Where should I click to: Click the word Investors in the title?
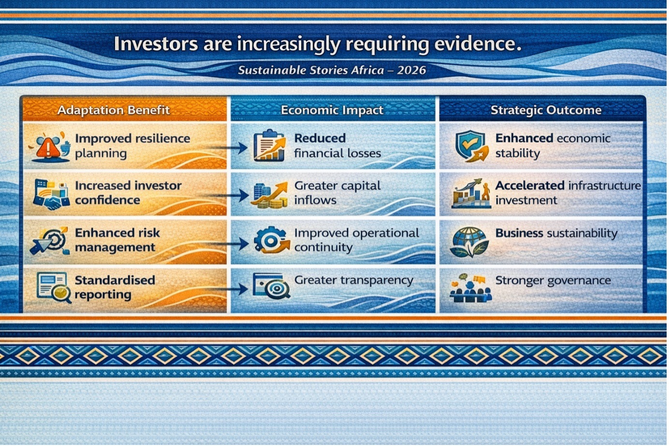[x=156, y=44]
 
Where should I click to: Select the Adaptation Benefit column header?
[x=114, y=110]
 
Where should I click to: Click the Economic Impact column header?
[x=332, y=110]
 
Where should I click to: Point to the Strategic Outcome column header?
[x=546, y=110]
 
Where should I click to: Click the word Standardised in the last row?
[x=115, y=280]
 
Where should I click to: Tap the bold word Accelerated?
[x=530, y=185]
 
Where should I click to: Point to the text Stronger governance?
[x=553, y=281]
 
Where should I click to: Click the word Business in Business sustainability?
[x=519, y=233]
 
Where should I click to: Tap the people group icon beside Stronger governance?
[x=471, y=288]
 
